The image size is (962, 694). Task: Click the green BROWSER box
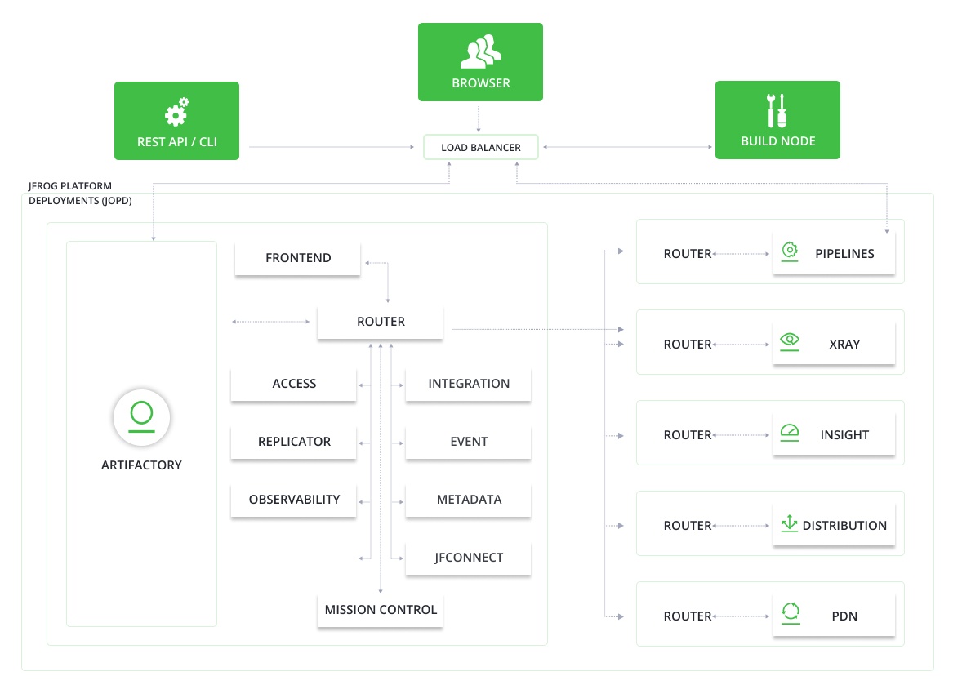pos(480,61)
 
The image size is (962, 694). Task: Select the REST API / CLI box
pos(176,120)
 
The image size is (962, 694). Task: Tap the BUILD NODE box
pos(777,120)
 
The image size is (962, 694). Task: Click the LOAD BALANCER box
pos(481,148)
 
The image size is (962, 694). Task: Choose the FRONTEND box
pos(298,258)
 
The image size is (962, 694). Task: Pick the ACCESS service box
pos(294,384)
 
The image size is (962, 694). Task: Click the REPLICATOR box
pos(294,442)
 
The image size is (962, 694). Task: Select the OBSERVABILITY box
pos(294,500)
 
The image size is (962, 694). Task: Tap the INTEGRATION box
pos(469,384)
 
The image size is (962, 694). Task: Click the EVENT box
pos(469,442)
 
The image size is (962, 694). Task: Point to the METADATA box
pos(469,500)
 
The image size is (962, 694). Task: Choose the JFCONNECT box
pos(469,558)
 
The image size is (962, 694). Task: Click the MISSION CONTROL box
pos(381,610)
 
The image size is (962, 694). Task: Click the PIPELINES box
pos(834,254)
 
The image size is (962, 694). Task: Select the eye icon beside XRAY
pos(790,341)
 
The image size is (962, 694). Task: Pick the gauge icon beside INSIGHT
pos(790,432)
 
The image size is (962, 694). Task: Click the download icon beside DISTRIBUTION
pos(790,523)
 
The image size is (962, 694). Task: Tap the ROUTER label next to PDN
pos(688,616)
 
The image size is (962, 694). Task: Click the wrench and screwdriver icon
pos(777,110)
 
